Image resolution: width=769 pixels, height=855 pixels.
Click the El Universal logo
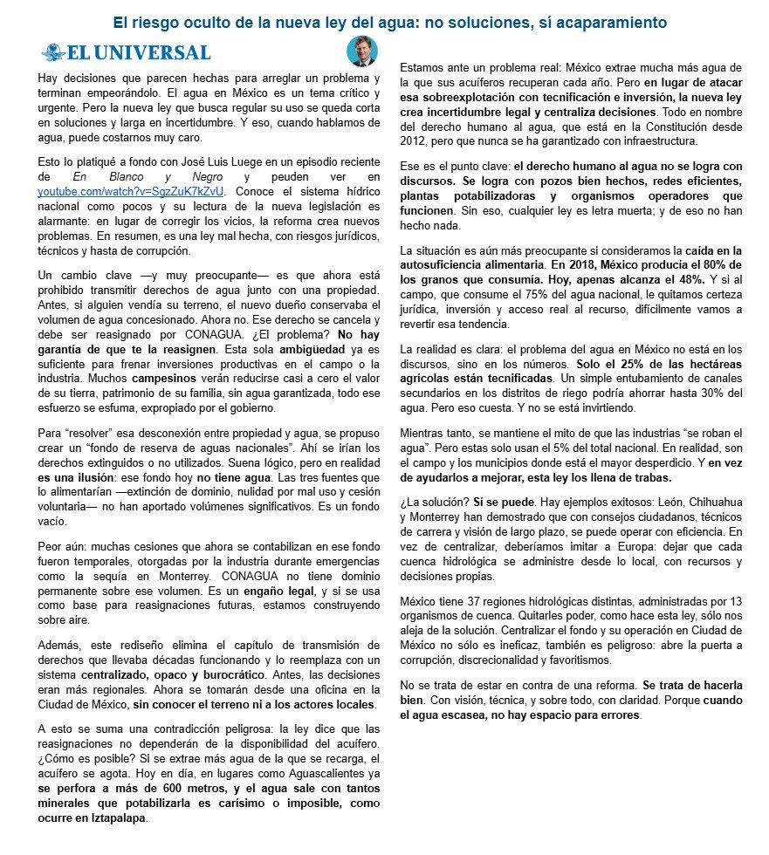coord(127,52)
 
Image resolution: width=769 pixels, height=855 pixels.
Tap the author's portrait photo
coord(360,52)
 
